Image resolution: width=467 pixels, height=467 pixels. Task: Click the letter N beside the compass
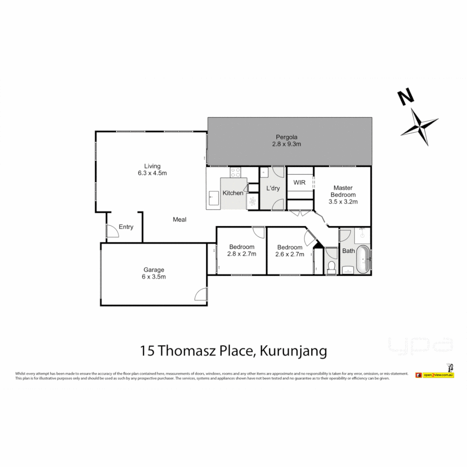pos(405,97)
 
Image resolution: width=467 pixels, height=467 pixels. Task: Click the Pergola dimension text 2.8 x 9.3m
pos(286,144)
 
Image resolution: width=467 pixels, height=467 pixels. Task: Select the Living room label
pos(152,166)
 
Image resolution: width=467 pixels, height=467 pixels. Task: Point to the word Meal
pos(179,220)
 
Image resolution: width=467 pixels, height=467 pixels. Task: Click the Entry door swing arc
pos(113,231)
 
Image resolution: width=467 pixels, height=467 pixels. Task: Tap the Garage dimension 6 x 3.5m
pos(154,277)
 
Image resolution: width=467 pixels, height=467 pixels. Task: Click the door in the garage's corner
pos(201,294)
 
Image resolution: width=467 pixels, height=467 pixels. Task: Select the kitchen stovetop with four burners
pos(235,173)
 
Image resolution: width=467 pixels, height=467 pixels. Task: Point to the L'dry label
pos(273,189)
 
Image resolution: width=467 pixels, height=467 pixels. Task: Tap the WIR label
pos(300,182)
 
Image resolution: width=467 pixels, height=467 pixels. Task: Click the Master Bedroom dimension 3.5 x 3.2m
pos(343,201)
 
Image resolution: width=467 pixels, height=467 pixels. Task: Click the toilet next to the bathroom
pos(332,267)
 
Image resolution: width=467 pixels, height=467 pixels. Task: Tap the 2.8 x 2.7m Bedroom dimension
pos(242,254)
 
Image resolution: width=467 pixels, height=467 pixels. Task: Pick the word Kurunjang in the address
pos(293,351)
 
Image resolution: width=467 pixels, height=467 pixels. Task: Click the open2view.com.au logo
pos(435,375)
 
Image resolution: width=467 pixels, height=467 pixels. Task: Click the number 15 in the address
pos(147,351)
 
